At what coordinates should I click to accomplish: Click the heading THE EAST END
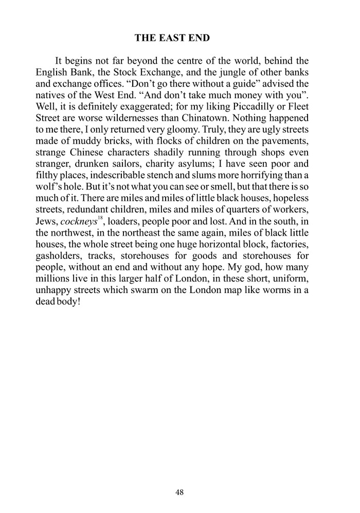coord(179,38)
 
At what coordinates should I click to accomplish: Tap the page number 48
coord(179,492)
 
